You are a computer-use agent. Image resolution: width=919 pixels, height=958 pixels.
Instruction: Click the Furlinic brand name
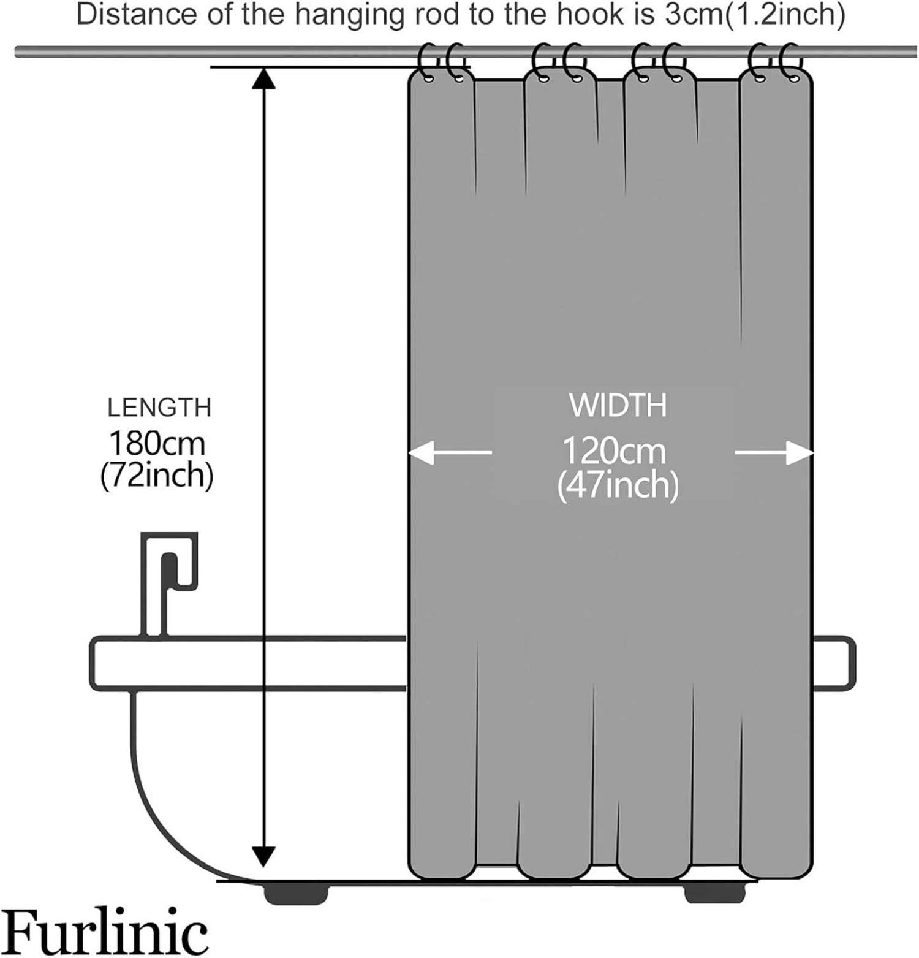tap(104, 932)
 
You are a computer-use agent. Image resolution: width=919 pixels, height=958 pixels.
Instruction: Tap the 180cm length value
tap(157, 444)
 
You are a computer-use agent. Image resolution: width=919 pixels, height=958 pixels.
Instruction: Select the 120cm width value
tap(614, 452)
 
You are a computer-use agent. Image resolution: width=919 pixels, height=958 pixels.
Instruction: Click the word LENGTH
tap(159, 408)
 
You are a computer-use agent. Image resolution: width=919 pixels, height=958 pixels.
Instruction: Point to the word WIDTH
tap(618, 405)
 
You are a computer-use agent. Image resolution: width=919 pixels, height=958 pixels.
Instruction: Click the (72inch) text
tap(157, 476)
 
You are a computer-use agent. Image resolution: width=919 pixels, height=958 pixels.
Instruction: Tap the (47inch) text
tap(618, 486)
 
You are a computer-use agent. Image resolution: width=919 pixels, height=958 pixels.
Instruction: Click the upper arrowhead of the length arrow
tap(263, 78)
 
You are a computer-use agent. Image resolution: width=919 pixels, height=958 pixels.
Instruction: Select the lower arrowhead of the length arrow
tap(263, 855)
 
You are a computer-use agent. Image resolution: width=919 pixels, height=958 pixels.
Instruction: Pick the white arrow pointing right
tap(775, 453)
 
